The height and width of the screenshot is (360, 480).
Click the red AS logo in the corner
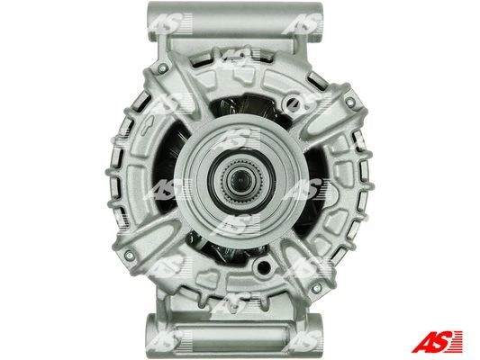click(437, 341)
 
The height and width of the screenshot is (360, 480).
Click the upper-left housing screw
click(162, 67)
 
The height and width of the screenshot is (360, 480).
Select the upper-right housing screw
click(350, 101)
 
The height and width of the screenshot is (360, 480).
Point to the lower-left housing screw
click(129, 255)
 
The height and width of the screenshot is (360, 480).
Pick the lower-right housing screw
click(316, 288)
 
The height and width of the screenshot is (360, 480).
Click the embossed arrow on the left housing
click(146, 125)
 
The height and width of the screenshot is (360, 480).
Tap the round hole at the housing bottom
click(263, 266)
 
